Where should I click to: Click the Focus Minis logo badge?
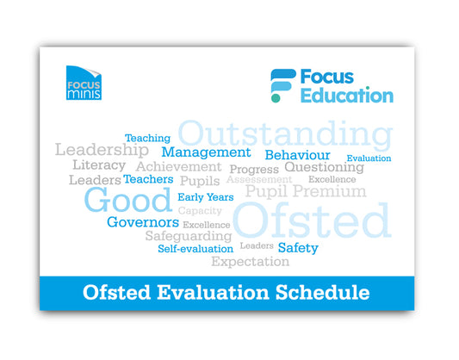(84, 84)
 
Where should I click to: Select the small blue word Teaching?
(147, 138)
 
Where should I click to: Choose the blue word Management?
(206, 152)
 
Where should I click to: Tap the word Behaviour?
(297, 155)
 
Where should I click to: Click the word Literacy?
(98, 164)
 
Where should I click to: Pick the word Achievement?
(178, 166)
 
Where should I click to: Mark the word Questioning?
(324, 167)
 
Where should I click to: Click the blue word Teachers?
(148, 179)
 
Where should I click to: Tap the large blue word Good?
(128, 201)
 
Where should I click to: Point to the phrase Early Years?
(206, 197)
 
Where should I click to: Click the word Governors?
(143, 222)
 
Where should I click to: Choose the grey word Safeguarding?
(188, 236)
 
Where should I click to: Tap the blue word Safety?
(298, 248)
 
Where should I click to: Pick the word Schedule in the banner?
(321, 293)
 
